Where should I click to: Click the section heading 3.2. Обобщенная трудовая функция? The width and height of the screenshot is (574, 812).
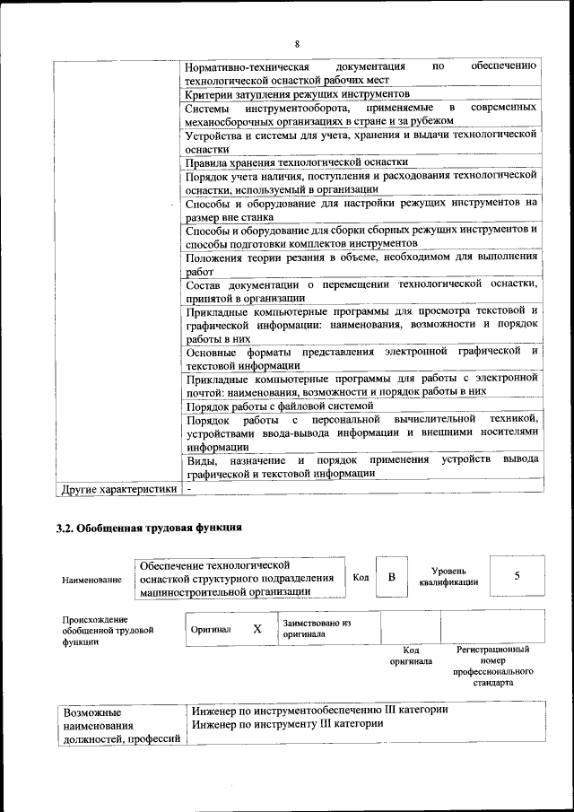click(149, 528)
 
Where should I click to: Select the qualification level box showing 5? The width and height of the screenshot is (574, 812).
click(517, 576)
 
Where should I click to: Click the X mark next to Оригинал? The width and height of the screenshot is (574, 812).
click(257, 629)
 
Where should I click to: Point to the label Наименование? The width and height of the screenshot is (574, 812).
click(91, 581)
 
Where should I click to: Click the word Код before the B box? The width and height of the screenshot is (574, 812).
click(361, 577)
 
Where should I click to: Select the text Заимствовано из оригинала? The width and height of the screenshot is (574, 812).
click(316, 628)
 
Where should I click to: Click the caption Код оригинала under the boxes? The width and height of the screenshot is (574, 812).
click(411, 655)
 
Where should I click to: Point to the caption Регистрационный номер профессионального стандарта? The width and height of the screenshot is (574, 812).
click(492, 665)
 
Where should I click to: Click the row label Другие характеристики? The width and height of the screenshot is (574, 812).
click(117, 489)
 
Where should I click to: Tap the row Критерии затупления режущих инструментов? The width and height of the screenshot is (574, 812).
click(297, 93)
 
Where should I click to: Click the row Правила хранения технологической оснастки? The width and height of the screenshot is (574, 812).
click(296, 162)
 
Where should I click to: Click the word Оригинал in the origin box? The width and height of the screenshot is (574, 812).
click(211, 629)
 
